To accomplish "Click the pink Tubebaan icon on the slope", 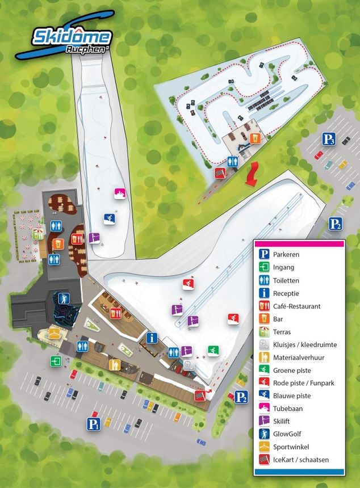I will [120, 194].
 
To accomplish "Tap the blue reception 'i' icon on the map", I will [151, 338].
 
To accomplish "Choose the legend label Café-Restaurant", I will [297, 306].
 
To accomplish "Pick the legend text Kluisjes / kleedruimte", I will [305, 344].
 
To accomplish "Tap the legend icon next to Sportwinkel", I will [263, 447].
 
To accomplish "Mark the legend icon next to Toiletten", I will [263, 280].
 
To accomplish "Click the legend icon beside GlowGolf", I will [263, 434].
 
